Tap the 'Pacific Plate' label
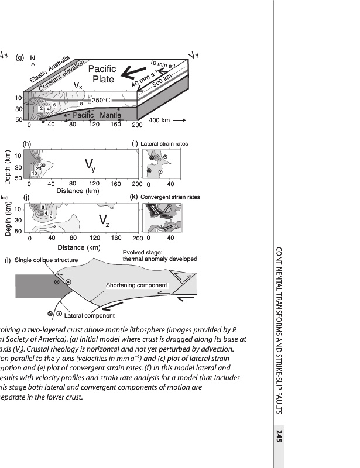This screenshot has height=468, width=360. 102,74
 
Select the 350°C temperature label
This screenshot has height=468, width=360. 101,101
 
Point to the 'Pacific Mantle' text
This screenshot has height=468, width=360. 97,115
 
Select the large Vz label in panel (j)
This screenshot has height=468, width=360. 104,221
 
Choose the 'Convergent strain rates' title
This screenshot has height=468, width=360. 170,197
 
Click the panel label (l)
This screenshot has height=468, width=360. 8,260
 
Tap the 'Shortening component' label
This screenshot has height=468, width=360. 136,285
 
